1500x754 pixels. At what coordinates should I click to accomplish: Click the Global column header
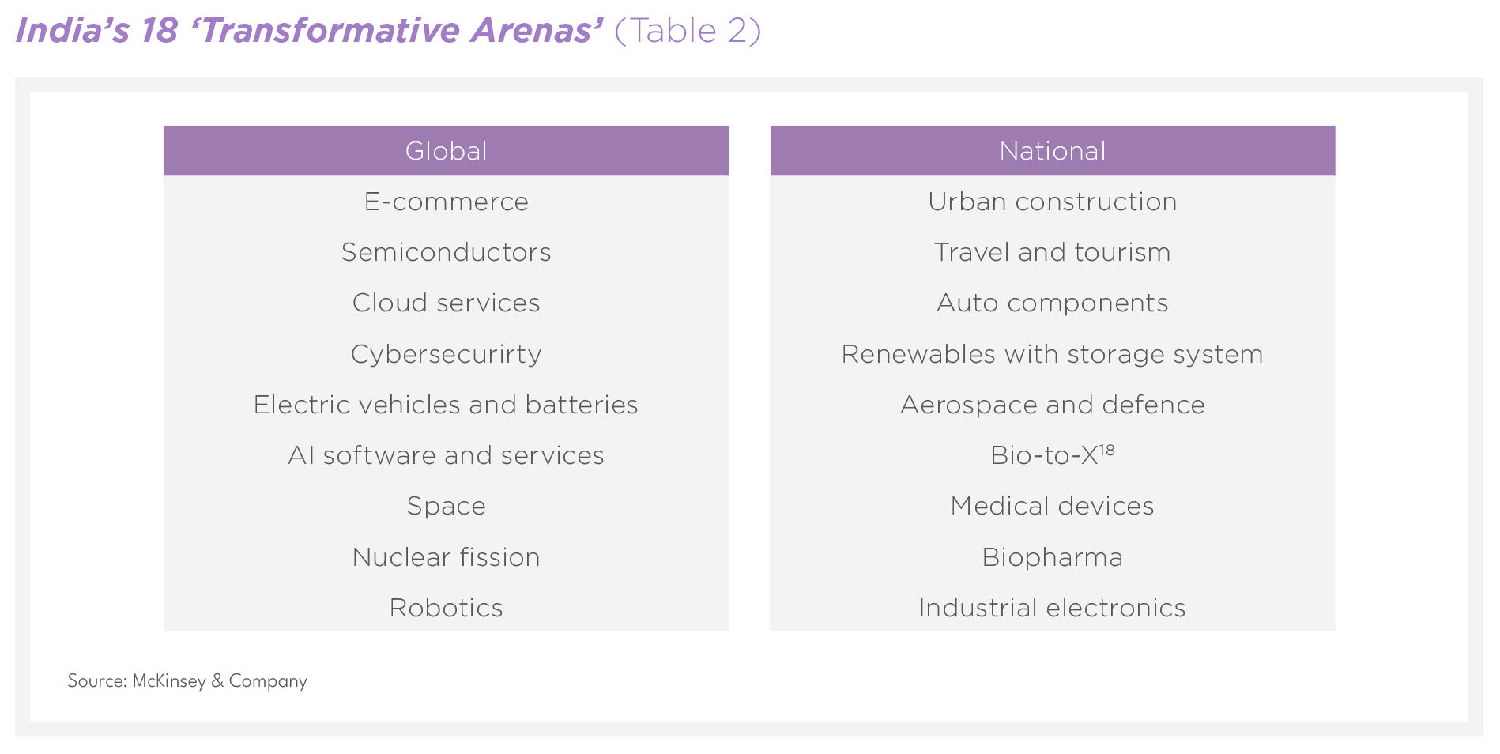pos(446,150)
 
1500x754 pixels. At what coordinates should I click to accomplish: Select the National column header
pos(1052,150)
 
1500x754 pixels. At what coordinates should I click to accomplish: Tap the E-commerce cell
pos(446,202)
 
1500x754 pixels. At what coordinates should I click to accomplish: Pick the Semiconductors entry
pos(446,252)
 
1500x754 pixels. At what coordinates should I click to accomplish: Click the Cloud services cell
pos(446,303)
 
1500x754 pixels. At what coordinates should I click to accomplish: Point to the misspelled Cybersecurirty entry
pos(446,354)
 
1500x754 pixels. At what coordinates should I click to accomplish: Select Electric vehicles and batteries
pos(446,405)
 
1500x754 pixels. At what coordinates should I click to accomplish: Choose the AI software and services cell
pos(446,455)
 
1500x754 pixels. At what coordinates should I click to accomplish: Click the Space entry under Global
pos(446,507)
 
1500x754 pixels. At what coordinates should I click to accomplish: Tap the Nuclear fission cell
pos(446,557)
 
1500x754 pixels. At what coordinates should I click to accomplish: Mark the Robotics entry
pos(446,608)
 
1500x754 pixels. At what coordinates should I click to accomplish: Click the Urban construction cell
pos(1052,202)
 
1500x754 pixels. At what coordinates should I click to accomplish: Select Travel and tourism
pos(1052,252)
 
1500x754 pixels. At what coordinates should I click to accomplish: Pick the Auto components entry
pos(1052,303)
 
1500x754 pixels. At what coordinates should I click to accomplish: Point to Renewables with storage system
pos(1052,355)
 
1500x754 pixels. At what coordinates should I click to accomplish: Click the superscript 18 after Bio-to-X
pos(1106,450)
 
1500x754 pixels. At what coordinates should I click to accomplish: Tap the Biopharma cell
pos(1052,558)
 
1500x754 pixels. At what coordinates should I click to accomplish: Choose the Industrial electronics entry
pos(1052,608)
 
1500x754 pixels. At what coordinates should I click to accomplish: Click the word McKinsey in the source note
pos(169,681)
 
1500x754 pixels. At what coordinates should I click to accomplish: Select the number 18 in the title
pos(160,31)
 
